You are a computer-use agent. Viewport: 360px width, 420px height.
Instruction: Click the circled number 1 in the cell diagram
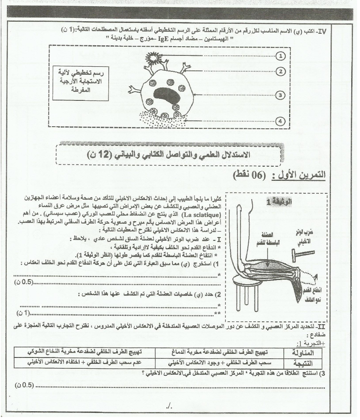click(282, 56)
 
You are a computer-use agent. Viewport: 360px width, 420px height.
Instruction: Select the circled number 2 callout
click(282, 71)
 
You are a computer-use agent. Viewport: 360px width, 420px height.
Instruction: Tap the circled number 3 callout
click(282, 95)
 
